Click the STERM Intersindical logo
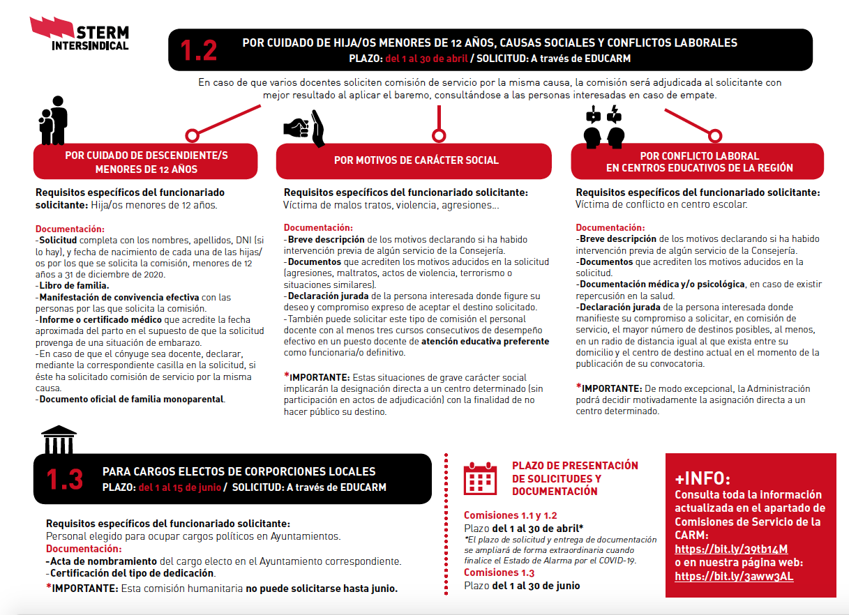[x=80, y=35]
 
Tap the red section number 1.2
[x=199, y=50]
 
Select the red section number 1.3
[x=65, y=479]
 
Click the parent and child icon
[x=53, y=120]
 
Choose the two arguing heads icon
[x=604, y=125]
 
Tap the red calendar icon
[x=480, y=478]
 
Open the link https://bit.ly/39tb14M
[x=731, y=549]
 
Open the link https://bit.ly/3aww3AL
[x=734, y=577]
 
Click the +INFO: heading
[x=703, y=479]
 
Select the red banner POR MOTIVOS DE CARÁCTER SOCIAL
[x=416, y=160]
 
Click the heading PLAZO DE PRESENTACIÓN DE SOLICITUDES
[x=575, y=478]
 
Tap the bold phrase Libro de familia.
[x=73, y=286]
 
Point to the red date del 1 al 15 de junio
[x=180, y=487]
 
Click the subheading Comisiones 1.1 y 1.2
[x=510, y=515]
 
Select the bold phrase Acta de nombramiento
[x=102, y=561]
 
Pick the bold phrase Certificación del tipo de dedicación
[x=130, y=574]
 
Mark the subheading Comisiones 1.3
[x=499, y=573]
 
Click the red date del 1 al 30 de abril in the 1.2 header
[x=426, y=58]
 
